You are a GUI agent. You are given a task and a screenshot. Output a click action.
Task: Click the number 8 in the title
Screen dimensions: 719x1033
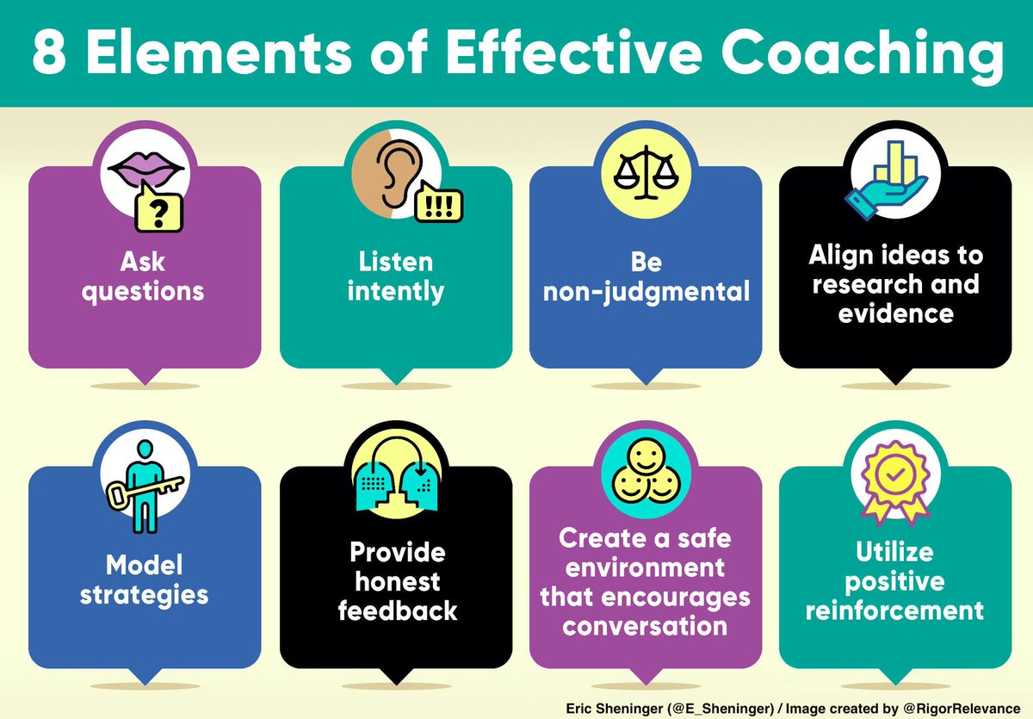49,54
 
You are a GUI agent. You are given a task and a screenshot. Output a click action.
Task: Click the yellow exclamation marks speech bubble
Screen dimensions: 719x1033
438,204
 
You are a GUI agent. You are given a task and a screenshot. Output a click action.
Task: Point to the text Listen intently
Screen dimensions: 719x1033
395,276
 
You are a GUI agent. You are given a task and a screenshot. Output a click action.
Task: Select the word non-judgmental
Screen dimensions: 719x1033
645,290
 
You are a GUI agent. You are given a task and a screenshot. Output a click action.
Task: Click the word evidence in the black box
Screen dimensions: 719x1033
894,312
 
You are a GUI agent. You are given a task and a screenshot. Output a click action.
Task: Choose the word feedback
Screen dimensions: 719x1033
397,611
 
